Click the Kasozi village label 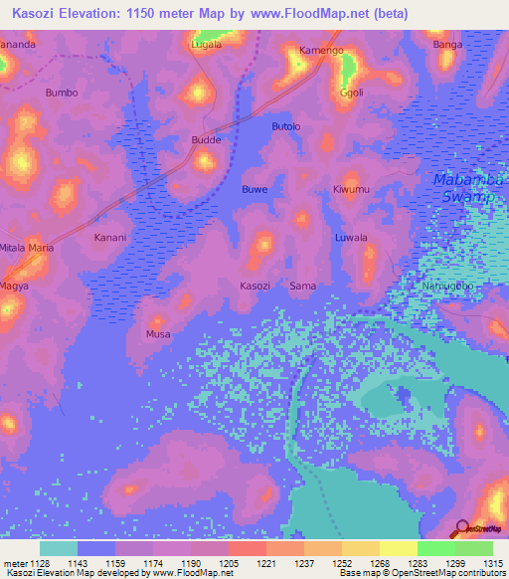254,287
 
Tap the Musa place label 158,334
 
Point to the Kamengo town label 321,50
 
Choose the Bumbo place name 62,93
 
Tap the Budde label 206,140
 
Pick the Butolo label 285,126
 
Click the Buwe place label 255,189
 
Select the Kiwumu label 351,189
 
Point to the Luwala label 351,238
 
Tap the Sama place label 303,287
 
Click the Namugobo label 448,287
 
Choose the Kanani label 109,238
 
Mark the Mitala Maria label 27,247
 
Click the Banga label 448,45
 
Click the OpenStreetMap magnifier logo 461,527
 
